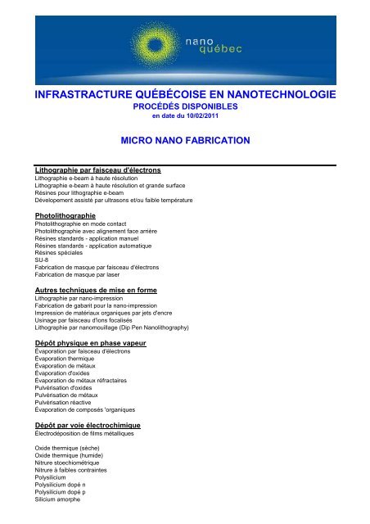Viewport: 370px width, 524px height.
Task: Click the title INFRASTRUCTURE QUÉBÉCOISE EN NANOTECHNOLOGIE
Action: coord(184,97)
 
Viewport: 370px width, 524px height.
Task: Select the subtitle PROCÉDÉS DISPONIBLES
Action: coord(184,107)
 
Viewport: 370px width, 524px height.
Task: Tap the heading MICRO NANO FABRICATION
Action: coord(184,141)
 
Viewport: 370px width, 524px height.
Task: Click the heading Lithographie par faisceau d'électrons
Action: coord(97,169)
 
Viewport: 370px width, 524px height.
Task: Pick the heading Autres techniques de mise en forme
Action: coord(96,291)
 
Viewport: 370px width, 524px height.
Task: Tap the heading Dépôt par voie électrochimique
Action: coord(88,426)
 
